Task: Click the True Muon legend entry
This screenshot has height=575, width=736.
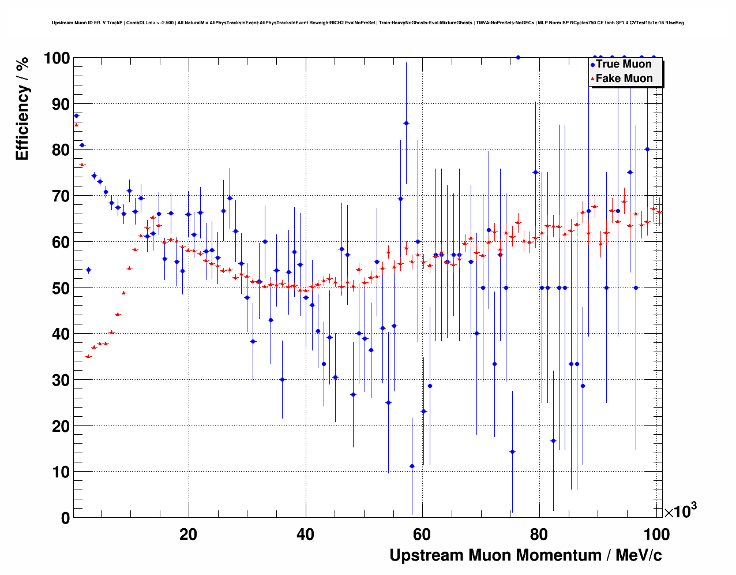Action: click(x=624, y=64)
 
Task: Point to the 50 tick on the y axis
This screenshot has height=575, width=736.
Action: click(x=57, y=288)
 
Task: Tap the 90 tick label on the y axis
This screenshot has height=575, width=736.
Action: click(x=57, y=104)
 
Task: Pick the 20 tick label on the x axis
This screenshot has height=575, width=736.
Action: click(x=188, y=535)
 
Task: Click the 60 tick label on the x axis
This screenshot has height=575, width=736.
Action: click(x=422, y=535)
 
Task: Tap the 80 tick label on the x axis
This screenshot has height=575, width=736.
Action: click(x=539, y=535)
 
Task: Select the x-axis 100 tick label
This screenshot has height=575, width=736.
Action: click(x=656, y=535)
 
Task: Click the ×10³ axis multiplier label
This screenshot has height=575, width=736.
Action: click(x=681, y=511)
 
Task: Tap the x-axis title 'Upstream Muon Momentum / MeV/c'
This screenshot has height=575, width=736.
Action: click(x=525, y=555)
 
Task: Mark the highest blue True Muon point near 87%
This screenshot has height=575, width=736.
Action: click(x=76, y=115)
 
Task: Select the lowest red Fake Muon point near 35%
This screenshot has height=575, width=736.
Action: click(x=88, y=356)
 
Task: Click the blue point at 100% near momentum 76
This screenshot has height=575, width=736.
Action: click(x=518, y=57)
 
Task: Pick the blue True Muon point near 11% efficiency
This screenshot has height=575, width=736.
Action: click(x=412, y=466)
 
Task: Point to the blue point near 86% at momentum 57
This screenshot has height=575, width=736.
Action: click(x=406, y=123)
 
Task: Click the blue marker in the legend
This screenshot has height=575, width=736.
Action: click(x=592, y=65)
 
